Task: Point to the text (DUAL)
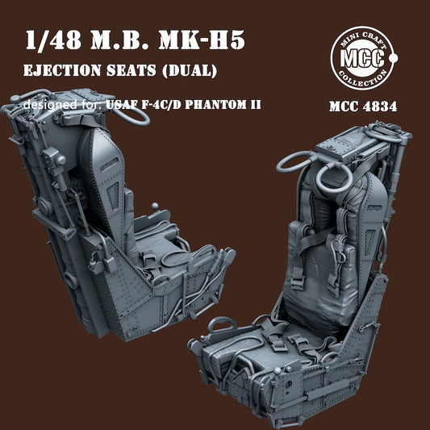(x=190, y=71)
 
